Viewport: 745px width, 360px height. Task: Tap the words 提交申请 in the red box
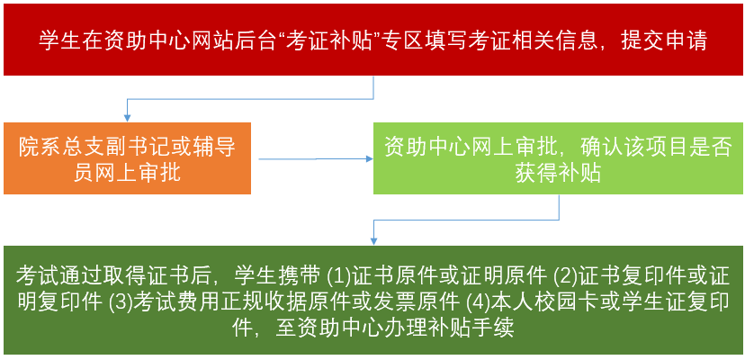coord(665,41)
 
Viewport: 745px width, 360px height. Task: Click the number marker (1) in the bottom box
coord(338,274)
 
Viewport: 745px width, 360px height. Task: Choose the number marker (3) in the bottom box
coord(121,301)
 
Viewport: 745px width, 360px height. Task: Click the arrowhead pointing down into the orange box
coord(127,117)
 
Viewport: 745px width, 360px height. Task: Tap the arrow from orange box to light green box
coord(316,158)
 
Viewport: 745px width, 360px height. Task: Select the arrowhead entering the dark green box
coord(374,240)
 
